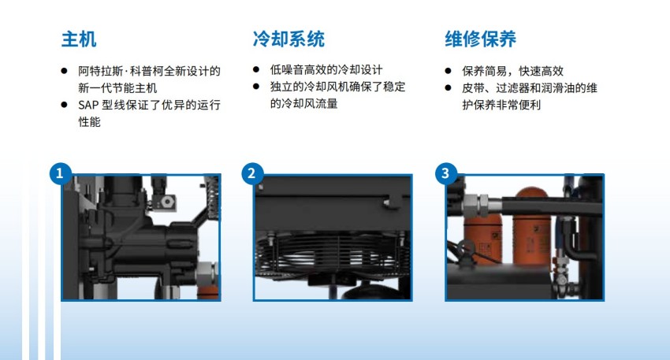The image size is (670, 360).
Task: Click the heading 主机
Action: (x=79, y=39)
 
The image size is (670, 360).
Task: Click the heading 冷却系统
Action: (x=288, y=39)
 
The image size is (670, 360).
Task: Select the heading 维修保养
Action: (x=481, y=39)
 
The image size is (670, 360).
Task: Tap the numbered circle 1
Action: (x=60, y=173)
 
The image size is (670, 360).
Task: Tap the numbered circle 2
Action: (x=252, y=173)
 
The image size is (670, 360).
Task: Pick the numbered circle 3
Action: (x=445, y=173)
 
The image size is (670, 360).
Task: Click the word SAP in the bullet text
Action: (x=88, y=105)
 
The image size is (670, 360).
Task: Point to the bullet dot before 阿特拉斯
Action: (x=64, y=71)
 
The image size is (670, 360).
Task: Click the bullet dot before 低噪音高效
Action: (x=256, y=69)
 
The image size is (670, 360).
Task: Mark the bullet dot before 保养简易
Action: (x=448, y=71)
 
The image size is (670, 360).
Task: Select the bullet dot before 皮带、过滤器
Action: (x=448, y=88)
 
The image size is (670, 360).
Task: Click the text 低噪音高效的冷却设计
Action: (x=326, y=69)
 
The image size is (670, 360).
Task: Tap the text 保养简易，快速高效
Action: (x=513, y=71)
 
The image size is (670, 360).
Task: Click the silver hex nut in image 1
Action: (x=207, y=273)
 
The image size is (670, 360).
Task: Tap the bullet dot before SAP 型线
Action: (x=64, y=105)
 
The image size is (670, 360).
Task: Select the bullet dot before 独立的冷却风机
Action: (x=256, y=87)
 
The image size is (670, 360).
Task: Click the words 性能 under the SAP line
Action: (x=89, y=122)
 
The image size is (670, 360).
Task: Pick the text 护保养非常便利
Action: (x=501, y=105)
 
